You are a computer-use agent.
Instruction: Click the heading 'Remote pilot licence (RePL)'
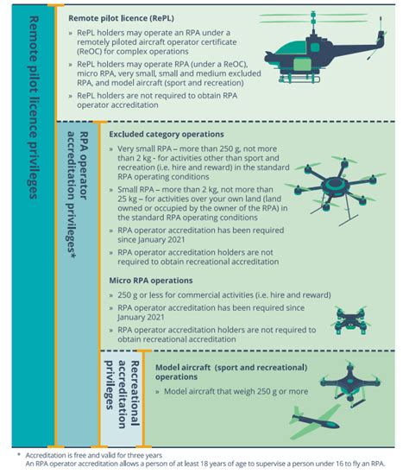click(126, 16)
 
